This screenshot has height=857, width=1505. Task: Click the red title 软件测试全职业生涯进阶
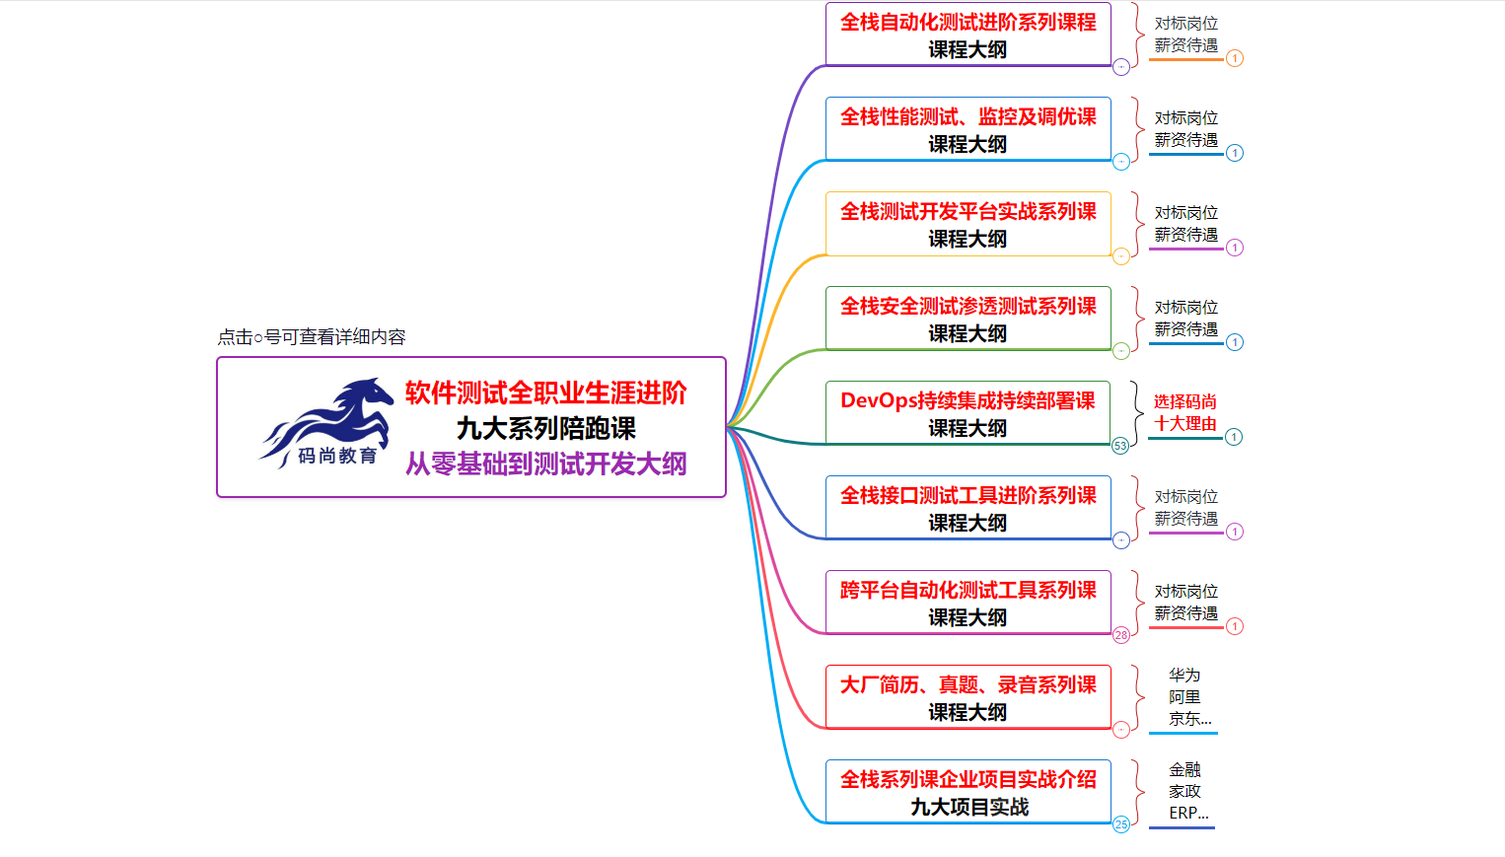point(545,393)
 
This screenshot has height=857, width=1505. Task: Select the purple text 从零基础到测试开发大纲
point(545,464)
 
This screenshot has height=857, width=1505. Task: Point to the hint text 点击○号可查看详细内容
point(312,337)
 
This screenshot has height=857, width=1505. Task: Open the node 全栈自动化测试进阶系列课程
point(967,35)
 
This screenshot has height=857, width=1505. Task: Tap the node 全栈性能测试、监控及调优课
point(967,129)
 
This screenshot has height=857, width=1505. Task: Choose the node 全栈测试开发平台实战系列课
point(967,224)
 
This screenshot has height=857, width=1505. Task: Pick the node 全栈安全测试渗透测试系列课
point(967,319)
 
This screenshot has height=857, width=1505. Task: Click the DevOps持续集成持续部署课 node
point(967,413)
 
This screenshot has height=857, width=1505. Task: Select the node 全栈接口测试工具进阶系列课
point(967,508)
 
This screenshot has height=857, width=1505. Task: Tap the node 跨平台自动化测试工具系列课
point(967,603)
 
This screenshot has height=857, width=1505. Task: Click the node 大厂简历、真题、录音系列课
point(967,697)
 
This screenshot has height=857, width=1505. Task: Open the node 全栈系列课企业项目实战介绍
point(967,792)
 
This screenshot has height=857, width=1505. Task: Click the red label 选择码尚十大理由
point(1185,413)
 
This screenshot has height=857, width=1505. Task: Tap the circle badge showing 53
point(1120,446)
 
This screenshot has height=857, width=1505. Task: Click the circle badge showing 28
point(1121,635)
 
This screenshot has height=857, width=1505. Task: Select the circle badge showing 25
point(1121,824)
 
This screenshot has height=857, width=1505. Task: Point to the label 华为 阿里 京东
point(1185,697)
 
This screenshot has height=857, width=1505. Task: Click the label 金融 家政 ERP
point(1185,792)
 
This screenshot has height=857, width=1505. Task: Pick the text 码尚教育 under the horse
point(337,456)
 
